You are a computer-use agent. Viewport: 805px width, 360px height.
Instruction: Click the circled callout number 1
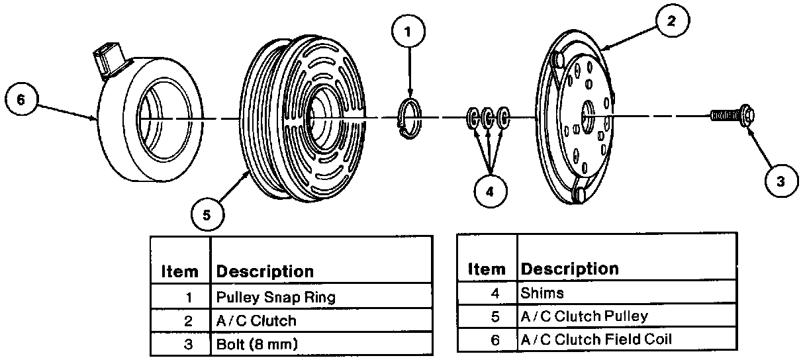point(408,31)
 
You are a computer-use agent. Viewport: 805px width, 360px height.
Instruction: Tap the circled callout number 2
point(672,21)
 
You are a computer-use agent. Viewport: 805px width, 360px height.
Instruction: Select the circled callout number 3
point(781,181)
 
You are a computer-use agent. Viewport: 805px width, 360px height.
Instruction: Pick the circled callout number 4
point(490,191)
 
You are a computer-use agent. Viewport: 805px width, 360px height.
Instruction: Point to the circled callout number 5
point(207,214)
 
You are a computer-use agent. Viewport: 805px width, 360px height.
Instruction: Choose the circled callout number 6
point(22,99)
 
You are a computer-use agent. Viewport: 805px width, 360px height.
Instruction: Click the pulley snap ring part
point(410,118)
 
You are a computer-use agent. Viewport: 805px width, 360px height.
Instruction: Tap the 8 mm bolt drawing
point(732,116)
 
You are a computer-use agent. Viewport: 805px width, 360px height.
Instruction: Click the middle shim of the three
point(488,118)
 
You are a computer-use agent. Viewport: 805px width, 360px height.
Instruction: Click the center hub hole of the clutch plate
point(588,116)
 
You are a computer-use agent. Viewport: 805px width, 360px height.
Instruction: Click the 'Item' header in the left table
point(179,271)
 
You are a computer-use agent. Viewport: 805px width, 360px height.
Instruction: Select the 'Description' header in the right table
point(569,269)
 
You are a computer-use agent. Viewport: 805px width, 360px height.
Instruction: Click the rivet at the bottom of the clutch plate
point(578,195)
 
